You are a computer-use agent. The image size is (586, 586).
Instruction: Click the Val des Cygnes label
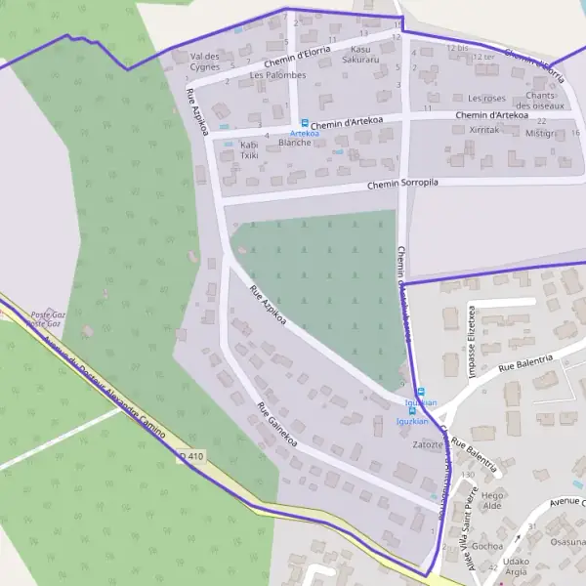[205, 61]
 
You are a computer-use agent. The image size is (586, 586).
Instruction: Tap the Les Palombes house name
[277, 75]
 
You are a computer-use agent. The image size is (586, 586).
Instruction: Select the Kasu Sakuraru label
[360, 54]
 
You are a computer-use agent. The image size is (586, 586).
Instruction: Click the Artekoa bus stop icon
[304, 124]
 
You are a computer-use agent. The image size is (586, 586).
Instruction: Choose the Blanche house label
[294, 143]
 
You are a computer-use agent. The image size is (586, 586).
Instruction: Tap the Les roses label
[486, 99]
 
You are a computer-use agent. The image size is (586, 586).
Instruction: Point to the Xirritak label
[484, 129]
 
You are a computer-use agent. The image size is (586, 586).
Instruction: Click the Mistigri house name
[539, 133]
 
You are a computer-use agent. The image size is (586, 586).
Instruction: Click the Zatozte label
[428, 444]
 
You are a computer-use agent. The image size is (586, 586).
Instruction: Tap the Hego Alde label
[492, 500]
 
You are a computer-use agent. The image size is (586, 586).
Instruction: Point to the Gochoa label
[486, 546]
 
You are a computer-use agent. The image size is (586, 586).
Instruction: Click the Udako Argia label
[516, 568]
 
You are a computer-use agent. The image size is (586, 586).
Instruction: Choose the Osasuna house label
[567, 541]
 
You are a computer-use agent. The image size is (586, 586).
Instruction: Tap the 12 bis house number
[456, 47]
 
